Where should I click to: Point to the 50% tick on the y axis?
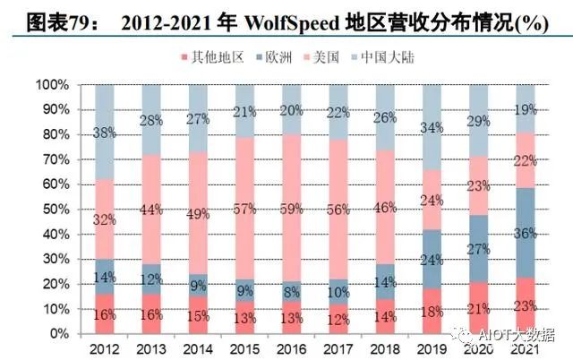coord(52,209)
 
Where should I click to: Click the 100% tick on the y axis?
coord(49,85)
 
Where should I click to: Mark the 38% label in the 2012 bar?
coord(106,133)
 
